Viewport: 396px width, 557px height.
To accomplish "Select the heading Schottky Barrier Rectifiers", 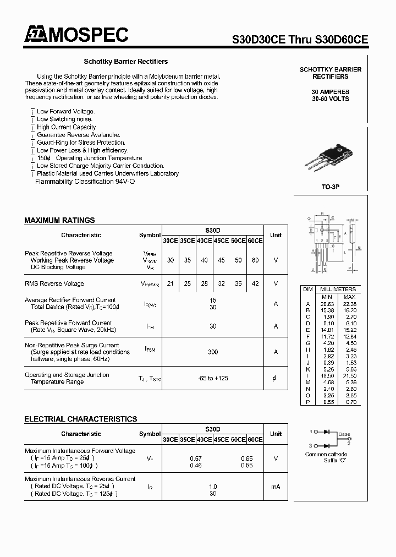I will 125,62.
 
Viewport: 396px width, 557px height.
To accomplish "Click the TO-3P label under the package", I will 330,187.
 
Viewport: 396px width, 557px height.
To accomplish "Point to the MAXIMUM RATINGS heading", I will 59,220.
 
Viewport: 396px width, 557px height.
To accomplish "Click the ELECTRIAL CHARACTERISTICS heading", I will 80,419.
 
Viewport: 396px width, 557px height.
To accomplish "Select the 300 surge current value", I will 212,352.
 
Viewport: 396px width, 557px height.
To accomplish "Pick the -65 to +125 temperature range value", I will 212,378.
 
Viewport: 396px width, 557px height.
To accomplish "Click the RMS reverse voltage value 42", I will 255,283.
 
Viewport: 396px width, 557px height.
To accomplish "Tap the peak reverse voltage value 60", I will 255,260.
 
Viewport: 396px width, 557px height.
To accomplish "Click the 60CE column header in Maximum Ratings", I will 255,241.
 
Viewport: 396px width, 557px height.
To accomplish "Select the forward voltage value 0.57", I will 195,458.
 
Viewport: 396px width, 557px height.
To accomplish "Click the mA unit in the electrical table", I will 276,487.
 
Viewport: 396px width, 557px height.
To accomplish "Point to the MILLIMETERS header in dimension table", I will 337,289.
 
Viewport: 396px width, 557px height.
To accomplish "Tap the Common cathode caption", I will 326,454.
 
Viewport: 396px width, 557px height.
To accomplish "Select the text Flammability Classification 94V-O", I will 85,182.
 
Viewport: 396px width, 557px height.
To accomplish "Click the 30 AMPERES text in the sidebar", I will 330,91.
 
